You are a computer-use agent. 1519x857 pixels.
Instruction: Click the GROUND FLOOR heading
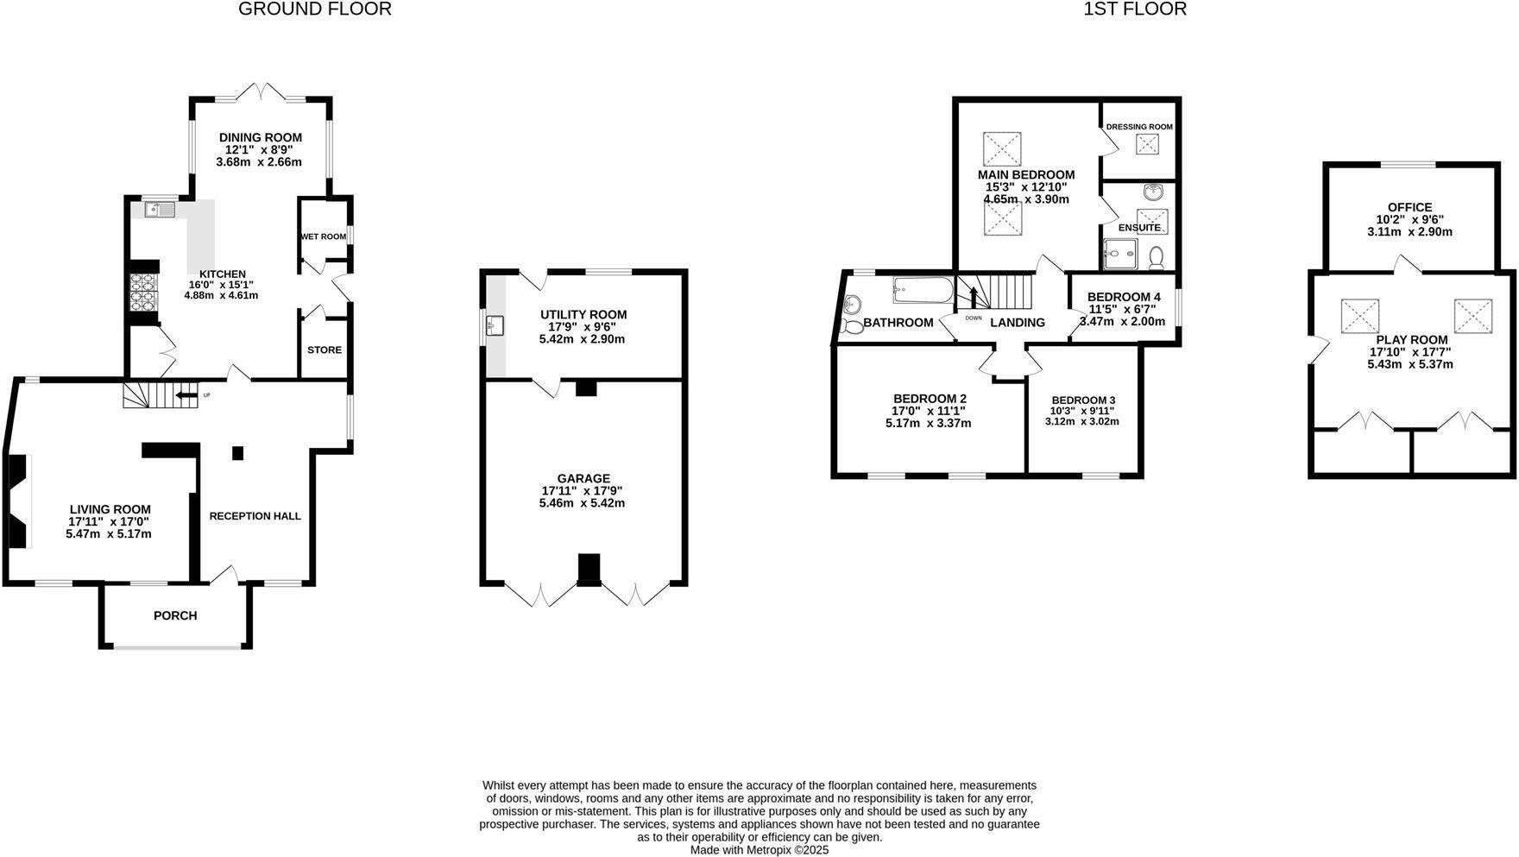pyautogui.click(x=314, y=9)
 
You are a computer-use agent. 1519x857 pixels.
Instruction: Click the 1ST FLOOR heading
pyautogui.click(x=1135, y=9)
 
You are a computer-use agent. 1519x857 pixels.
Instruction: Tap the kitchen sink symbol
pyautogui.click(x=161, y=209)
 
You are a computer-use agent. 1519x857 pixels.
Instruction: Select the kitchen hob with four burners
pyautogui.click(x=142, y=291)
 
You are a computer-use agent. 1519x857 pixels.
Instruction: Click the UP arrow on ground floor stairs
pyautogui.click(x=186, y=396)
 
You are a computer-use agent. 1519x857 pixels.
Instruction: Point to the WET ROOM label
pyautogui.click(x=323, y=236)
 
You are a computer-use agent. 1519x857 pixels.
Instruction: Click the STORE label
pyautogui.click(x=325, y=350)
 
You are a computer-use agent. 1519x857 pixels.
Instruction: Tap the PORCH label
pyautogui.click(x=175, y=615)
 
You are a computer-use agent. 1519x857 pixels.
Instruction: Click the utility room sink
pyautogui.click(x=495, y=326)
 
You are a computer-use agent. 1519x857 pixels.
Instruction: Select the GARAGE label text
pyautogui.click(x=583, y=478)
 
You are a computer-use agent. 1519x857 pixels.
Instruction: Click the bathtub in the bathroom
pyautogui.click(x=923, y=290)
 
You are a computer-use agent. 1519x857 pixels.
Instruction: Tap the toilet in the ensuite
pyautogui.click(x=1157, y=256)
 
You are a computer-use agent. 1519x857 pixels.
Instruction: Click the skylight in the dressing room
pyautogui.click(x=1148, y=144)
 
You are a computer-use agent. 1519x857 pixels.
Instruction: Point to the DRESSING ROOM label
pyautogui.click(x=1139, y=127)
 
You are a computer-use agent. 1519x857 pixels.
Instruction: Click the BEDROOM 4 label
pyautogui.click(x=1124, y=297)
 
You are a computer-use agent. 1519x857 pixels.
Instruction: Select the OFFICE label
pyautogui.click(x=1409, y=207)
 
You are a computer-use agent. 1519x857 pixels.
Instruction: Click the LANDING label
pyautogui.click(x=1017, y=323)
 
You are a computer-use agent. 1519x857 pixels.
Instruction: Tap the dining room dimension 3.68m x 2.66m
pyautogui.click(x=260, y=162)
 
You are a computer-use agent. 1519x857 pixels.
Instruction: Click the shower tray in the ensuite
pyautogui.click(x=1120, y=254)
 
